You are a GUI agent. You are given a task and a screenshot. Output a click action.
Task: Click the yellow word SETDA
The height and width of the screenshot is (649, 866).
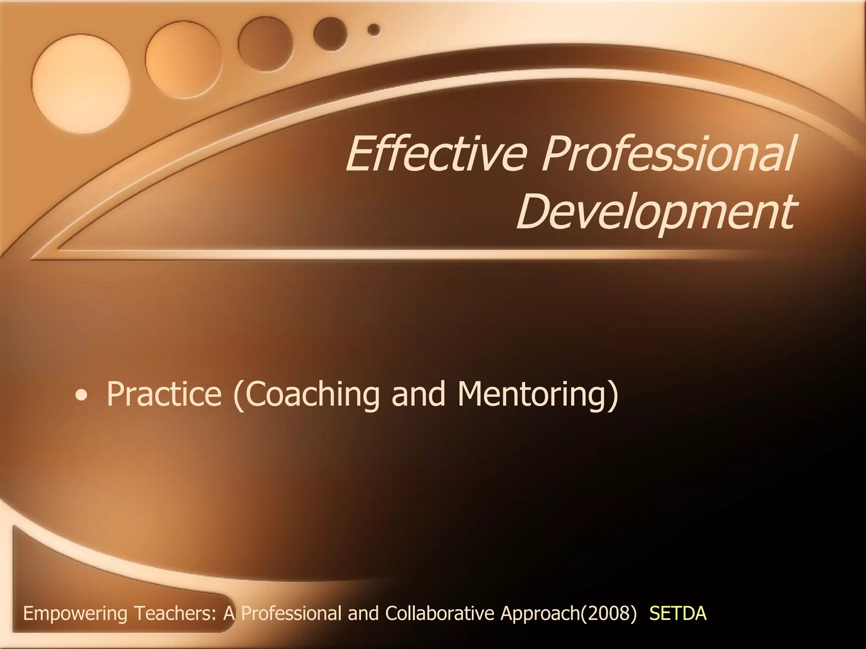tap(677, 614)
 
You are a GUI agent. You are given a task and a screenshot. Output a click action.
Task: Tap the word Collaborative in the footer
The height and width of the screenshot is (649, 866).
tap(439, 614)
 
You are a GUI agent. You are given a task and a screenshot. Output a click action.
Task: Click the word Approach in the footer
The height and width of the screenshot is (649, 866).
tap(540, 614)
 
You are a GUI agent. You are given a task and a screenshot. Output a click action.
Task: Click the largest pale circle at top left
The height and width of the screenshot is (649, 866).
tap(81, 78)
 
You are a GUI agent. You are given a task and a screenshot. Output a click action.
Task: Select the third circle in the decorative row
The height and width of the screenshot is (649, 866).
tap(266, 44)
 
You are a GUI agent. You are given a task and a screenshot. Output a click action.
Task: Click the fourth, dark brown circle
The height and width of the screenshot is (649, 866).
tap(330, 34)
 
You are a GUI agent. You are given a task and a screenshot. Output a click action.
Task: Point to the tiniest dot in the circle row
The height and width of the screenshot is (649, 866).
tap(374, 30)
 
